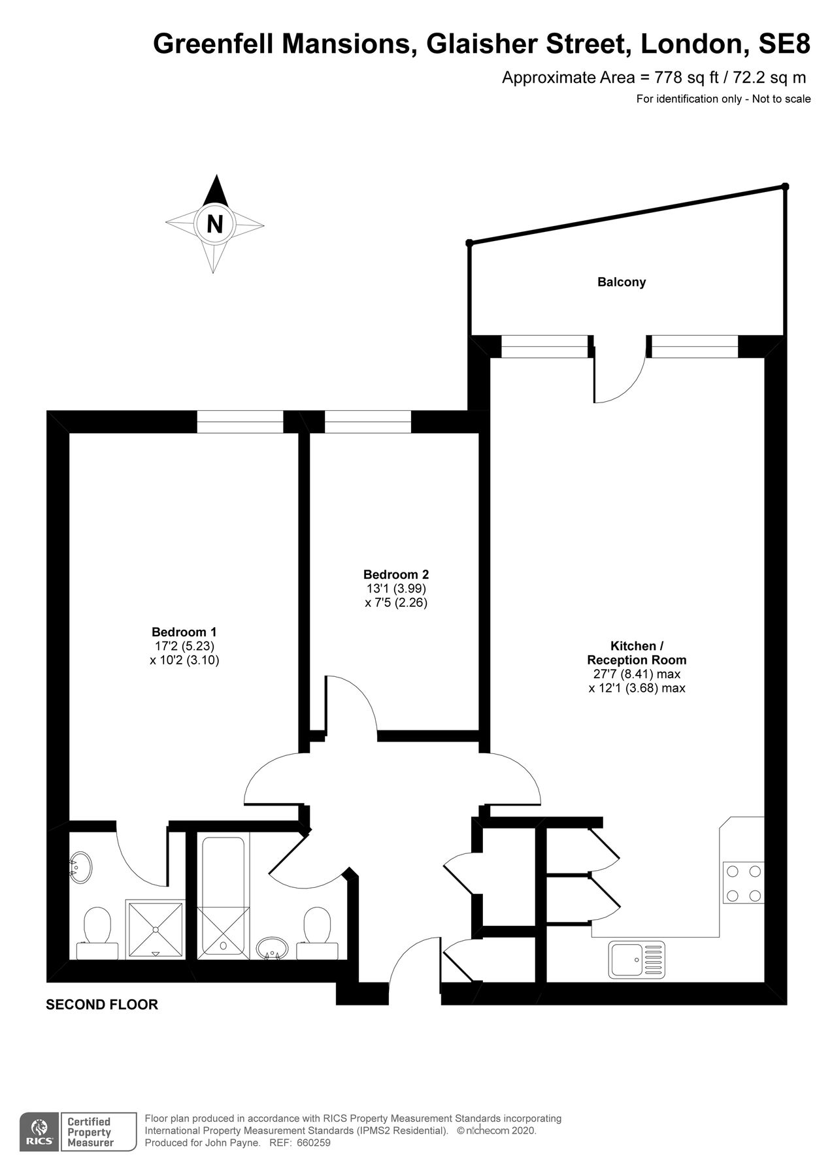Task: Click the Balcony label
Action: [621, 282]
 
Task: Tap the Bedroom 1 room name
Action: [184, 632]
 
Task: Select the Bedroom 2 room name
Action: [395, 574]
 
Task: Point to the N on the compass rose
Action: [214, 224]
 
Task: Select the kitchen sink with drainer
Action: [636, 959]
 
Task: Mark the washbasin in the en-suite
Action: [81, 868]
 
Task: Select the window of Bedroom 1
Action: [240, 422]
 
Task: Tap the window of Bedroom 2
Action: [367, 422]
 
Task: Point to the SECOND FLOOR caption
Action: [102, 1004]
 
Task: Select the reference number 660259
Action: [314, 1143]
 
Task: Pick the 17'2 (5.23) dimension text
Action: [184, 646]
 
